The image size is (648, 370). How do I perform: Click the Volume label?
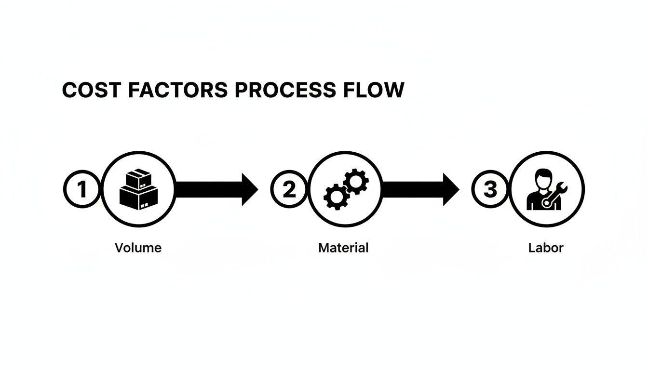[138, 248]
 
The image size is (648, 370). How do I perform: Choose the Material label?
[343, 248]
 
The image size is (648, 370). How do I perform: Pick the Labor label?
[546, 248]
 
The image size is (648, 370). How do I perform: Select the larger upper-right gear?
[356, 181]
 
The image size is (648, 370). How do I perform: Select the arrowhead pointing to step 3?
[451, 190]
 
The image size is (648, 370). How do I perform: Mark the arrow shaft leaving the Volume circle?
[207, 190]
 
